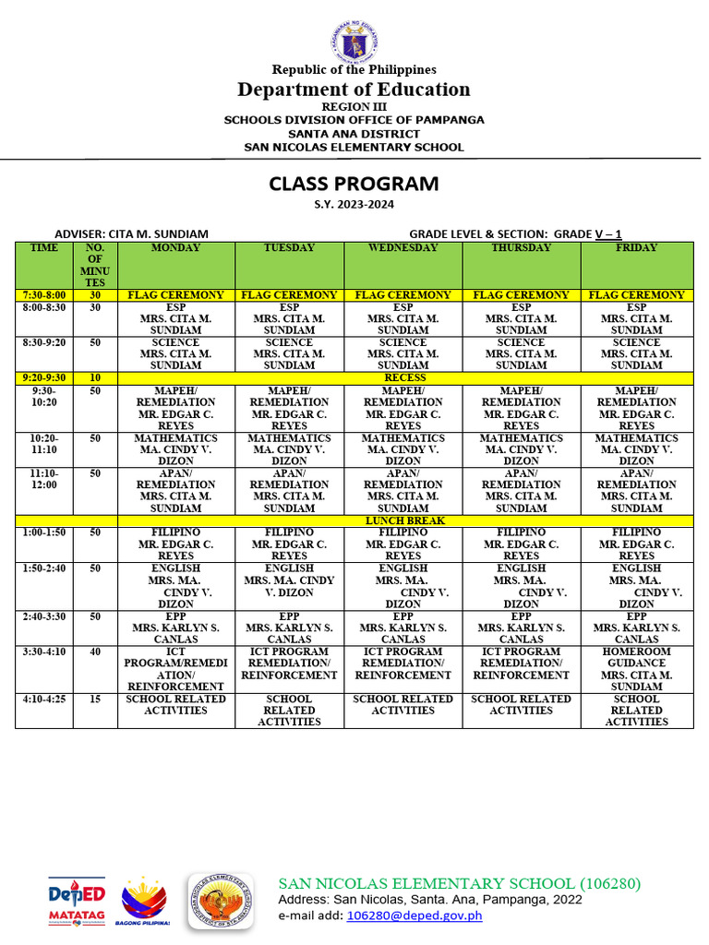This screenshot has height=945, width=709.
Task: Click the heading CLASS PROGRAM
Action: [x=354, y=184]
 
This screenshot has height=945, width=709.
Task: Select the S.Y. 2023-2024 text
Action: [x=354, y=204]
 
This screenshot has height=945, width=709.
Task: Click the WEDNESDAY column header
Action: [x=403, y=248]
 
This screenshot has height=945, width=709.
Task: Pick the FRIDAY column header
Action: [x=636, y=248]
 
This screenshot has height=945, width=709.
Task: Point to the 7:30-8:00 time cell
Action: [x=43, y=295]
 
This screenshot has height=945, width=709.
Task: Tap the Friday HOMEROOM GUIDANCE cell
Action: [x=636, y=669]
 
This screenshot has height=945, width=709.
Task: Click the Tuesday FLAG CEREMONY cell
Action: [x=289, y=295]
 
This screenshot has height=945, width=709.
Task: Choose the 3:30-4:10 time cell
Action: [x=43, y=652]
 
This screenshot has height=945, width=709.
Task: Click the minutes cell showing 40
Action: [x=95, y=652]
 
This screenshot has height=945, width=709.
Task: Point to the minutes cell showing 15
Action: [x=95, y=700]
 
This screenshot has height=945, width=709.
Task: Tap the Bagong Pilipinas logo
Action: [x=144, y=895]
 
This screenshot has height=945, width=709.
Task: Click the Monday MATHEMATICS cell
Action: [x=175, y=449]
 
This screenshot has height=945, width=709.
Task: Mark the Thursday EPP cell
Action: [x=521, y=628]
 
